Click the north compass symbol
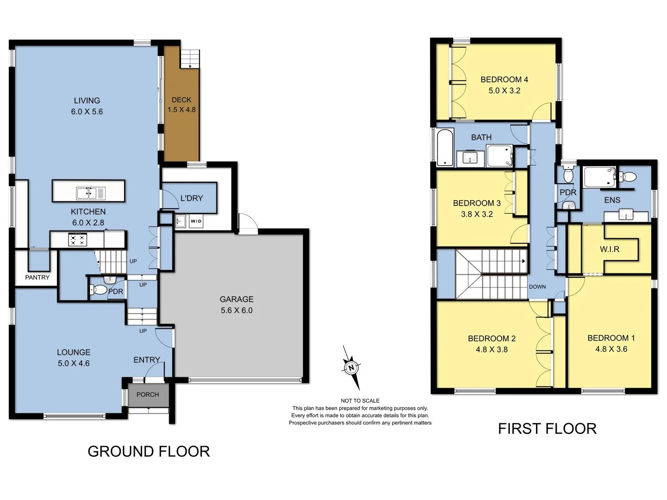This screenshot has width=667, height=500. coord(351,368)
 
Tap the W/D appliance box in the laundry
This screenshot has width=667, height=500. coord(196,221)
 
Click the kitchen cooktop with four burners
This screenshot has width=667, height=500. coord(77,240)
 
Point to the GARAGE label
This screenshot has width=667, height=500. coord(236,300)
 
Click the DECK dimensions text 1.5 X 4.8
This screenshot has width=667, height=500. coord(182,110)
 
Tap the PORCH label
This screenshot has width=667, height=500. coord(148,394)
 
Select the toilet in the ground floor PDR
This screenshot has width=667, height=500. coord(99,290)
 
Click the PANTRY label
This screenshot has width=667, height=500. coord(37,277)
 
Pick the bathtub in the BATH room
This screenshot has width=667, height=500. coord(445,148)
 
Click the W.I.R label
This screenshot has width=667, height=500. coord(610,249)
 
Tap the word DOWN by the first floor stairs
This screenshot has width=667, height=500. coord(537,287)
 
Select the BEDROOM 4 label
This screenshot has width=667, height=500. coord(504,80)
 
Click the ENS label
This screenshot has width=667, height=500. coord(612,200)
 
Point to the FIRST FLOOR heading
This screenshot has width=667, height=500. coord(547,429)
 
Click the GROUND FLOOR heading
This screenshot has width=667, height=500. coord(149,451)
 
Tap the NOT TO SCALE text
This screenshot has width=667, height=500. coord(360,401)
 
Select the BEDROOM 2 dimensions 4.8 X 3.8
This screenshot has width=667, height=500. coord(491,350)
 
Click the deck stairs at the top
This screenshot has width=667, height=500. coord(189,59)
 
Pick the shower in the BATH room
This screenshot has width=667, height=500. coord(499,156)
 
